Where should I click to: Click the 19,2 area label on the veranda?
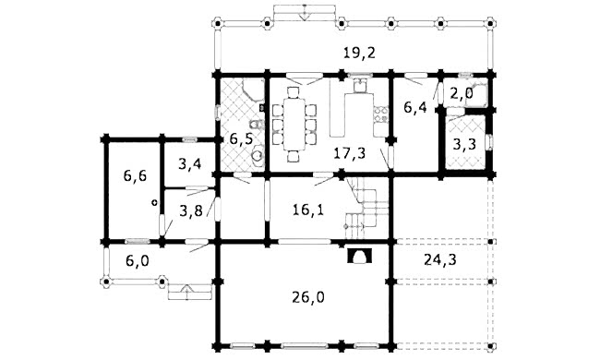click(x=359, y=54)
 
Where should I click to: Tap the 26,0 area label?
click(x=308, y=297)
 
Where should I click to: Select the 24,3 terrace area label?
click(x=440, y=260)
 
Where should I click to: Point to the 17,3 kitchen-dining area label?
click(x=349, y=153)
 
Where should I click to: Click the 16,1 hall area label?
click(x=308, y=210)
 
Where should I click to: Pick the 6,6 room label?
click(x=135, y=176)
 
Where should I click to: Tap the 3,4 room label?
click(x=190, y=164)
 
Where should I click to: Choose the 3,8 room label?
click(x=191, y=210)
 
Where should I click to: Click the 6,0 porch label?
click(x=138, y=261)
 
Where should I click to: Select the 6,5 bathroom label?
click(x=241, y=138)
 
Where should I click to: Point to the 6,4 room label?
click(x=415, y=107)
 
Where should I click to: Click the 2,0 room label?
click(x=462, y=93)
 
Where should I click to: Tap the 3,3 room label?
click(x=464, y=144)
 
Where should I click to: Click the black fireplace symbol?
click(x=359, y=256)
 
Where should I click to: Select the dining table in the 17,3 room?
click(x=294, y=125)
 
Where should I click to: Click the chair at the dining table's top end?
click(x=294, y=92)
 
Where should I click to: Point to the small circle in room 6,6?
click(x=154, y=203)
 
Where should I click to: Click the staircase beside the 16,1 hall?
click(x=367, y=209)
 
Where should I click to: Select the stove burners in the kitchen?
click(x=380, y=114)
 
